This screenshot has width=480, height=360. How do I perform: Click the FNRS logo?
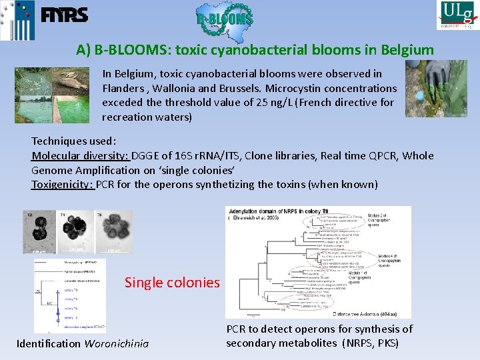[x=64, y=15]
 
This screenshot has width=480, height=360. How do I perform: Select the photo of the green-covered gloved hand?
[x=435, y=89]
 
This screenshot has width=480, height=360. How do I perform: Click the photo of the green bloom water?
[x=51, y=95]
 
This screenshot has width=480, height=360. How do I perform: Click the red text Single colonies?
[x=172, y=283]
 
